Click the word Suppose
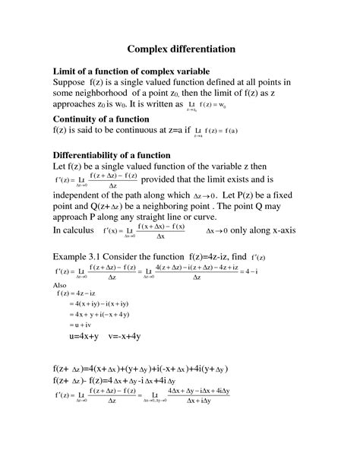[x=74, y=81]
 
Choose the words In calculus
[x=80, y=230]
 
